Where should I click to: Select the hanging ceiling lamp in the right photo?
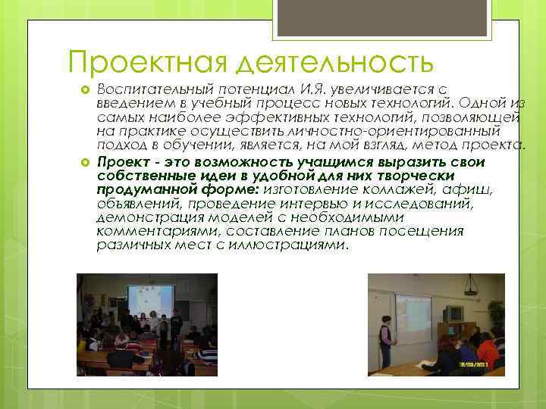[470, 289]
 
